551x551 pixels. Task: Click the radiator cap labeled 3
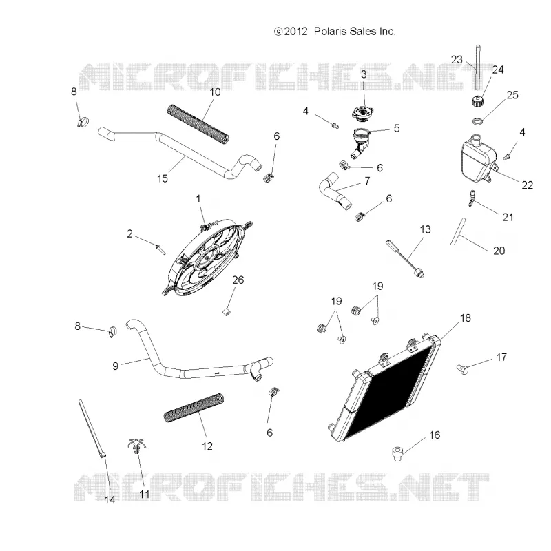click(363, 112)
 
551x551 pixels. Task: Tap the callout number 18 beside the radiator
click(465, 318)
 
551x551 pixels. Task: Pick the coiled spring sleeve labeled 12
click(194, 408)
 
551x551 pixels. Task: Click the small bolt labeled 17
click(461, 368)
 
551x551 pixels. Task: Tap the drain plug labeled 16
click(397, 453)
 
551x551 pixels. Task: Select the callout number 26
click(238, 280)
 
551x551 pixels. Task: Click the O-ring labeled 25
click(477, 122)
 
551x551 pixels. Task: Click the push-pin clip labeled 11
click(136, 448)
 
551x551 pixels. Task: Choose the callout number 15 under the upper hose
click(163, 178)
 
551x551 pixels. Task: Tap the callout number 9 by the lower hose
click(115, 366)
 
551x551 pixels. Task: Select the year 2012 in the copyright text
click(296, 32)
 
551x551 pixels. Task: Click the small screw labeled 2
click(160, 249)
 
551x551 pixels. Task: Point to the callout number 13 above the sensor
click(425, 229)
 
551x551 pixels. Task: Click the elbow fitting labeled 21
click(471, 198)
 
